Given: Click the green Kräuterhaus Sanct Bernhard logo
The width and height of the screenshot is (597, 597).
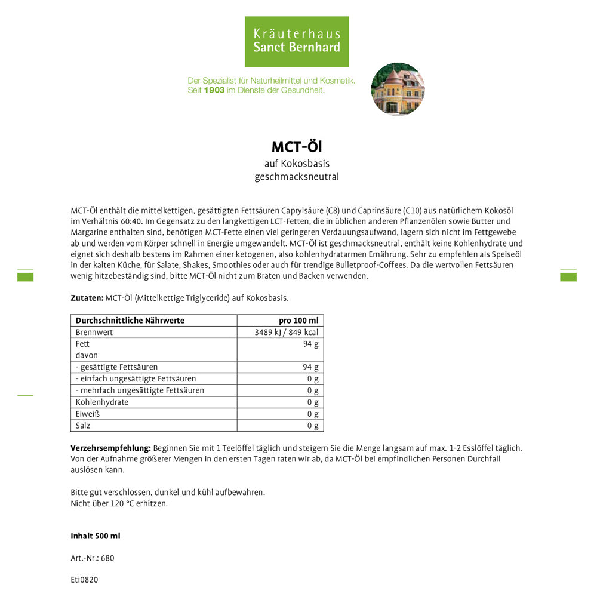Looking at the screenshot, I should (297, 41).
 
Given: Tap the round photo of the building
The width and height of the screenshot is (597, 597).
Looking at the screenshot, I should (398, 89).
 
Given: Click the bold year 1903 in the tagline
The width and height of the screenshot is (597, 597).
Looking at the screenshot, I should (214, 90).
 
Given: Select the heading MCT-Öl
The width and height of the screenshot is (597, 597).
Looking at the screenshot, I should (297, 147).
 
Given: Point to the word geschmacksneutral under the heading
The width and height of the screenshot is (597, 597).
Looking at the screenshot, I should (297, 177).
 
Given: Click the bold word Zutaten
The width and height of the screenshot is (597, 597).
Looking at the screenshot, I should (87, 297).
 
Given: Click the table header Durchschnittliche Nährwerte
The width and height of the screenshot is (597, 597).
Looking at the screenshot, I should (130, 321).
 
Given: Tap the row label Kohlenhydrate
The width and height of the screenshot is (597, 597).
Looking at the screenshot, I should (102, 402).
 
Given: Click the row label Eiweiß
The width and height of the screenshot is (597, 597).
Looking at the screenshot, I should (88, 414).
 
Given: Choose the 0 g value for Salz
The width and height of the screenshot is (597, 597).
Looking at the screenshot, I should (313, 426).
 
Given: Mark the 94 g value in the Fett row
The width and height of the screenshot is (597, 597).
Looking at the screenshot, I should (310, 344).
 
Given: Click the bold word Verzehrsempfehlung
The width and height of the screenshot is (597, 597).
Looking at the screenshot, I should (110, 448).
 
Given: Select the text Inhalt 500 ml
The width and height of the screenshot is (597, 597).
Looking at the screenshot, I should (96, 536).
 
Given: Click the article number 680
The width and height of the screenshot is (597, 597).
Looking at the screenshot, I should (107, 558).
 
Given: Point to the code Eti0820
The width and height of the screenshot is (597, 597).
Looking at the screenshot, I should (84, 580).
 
